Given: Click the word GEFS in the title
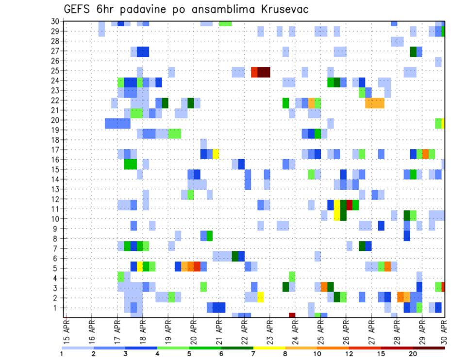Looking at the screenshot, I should pyautogui.click(x=79, y=9).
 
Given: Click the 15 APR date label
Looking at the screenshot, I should pyautogui.click(x=67, y=331).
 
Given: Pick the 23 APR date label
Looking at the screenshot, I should pyautogui.click(x=270, y=331).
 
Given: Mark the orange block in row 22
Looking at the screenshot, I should pyautogui.click(x=374, y=103).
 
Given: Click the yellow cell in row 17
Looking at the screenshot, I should pyautogui.click(x=216, y=154).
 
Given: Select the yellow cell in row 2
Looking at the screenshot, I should pyautogui.click(x=260, y=297).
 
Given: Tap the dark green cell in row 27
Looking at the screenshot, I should pyautogui.click(x=413, y=51).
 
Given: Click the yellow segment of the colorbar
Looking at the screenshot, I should pyautogui.click(x=269, y=348).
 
